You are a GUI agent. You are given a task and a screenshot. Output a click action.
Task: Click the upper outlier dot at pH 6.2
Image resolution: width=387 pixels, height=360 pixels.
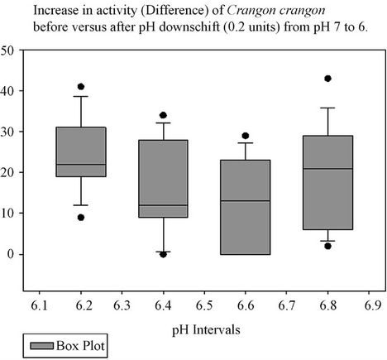pyautogui.click(x=81, y=87)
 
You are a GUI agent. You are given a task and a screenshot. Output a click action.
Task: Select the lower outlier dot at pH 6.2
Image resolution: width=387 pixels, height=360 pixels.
pyautogui.click(x=81, y=218)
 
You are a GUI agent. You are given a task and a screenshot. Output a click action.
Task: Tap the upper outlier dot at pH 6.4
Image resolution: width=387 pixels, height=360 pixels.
pyautogui.click(x=163, y=115)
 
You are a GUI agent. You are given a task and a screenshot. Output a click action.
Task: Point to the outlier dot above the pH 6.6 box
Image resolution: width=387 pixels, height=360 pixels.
pyautogui.click(x=246, y=136)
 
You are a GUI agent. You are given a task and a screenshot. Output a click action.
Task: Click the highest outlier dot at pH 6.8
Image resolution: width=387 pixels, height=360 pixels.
pyautogui.click(x=327, y=79)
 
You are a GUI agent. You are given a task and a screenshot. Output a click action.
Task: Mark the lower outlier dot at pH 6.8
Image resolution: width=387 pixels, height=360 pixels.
pyautogui.click(x=327, y=246)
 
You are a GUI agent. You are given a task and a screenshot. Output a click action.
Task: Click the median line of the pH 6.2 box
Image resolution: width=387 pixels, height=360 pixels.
pyautogui.click(x=81, y=165)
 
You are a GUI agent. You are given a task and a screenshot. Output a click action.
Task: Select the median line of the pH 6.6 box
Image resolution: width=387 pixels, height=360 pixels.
pyautogui.click(x=246, y=201)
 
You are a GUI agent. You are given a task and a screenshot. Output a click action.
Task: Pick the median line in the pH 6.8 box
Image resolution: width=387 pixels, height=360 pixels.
pyautogui.click(x=327, y=169)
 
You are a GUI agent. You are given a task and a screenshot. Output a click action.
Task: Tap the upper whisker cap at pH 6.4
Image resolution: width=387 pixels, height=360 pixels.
pyautogui.click(x=163, y=122)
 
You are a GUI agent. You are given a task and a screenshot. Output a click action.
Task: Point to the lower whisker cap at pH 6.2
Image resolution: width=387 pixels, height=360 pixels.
pyautogui.click(x=81, y=205)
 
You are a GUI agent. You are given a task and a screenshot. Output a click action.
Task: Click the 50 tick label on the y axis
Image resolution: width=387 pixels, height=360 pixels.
pyautogui.click(x=7, y=50)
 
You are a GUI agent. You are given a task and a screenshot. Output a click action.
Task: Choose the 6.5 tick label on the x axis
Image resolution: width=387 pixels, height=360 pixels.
pyautogui.click(x=204, y=305)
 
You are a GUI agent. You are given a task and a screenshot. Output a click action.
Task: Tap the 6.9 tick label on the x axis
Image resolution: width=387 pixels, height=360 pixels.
pyautogui.click(x=373, y=305)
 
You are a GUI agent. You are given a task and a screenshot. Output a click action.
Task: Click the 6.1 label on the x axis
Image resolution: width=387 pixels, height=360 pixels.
pyautogui.click(x=39, y=305)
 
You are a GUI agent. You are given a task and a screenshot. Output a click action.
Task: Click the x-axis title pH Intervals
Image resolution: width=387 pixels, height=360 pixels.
pyautogui.click(x=206, y=330)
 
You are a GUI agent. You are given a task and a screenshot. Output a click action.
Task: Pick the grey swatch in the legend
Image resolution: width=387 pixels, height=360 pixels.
pyautogui.click(x=42, y=346)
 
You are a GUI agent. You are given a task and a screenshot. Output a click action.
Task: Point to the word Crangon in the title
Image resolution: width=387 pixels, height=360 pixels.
pyautogui.click(x=251, y=11)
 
